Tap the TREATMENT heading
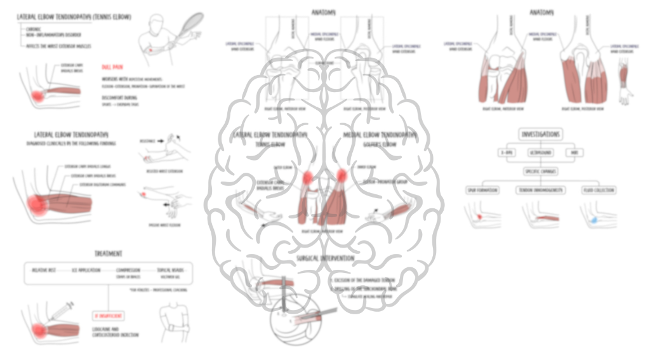click(x=109, y=253)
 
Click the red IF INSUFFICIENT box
click(x=108, y=315)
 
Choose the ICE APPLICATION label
click(x=86, y=270)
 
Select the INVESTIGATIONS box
click(x=540, y=135)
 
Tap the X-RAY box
click(x=506, y=154)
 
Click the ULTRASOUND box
click(x=540, y=154)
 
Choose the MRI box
click(x=574, y=154)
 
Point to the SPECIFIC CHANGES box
click(x=540, y=171)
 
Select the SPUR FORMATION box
click(x=484, y=190)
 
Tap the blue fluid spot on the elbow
click(x=594, y=218)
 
